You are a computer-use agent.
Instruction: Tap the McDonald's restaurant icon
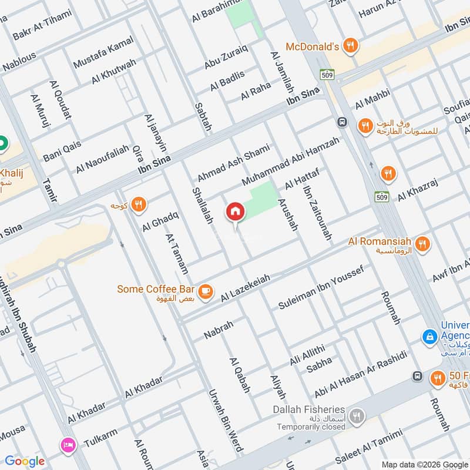pyautogui.click(x=350, y=45)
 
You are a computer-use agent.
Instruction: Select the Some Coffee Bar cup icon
pyautogui.click(x=205, y=291)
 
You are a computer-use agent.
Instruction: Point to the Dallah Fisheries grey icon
pyautogui.click(x=355, y=417)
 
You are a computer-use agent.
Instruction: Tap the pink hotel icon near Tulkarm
pyautogui.click(x=68, y=444)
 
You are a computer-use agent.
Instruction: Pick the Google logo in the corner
pyautogui.click(x=25, y=461)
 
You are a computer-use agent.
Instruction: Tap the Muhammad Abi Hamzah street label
pyautogui.click(x=290, y=160)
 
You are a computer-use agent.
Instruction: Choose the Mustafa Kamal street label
pyautogui.click(x=103, y=52)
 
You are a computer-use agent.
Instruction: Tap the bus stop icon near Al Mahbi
pyautogui.click(x=341, y=122)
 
